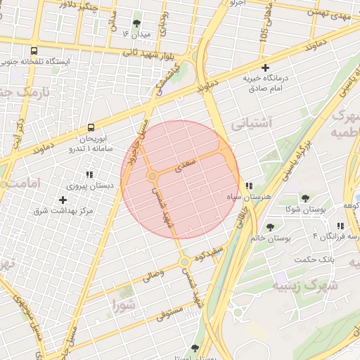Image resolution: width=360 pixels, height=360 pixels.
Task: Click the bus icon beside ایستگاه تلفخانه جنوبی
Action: click(x=34, y=51)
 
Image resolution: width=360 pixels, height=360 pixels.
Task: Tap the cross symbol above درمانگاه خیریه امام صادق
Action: click(x=265, y=68)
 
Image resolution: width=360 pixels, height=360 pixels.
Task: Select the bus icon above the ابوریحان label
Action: click(x=91, y=127)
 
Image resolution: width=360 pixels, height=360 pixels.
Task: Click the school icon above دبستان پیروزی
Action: click(x=89, y=175)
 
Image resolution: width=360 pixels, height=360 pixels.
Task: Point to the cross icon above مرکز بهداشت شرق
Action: click(x=63, y=200)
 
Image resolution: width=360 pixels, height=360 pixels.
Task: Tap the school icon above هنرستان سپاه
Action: click(x=248, y=186)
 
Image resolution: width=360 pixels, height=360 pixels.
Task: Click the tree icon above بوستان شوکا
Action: click(x=305, y=198)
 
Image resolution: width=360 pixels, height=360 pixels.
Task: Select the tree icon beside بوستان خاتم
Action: click(x=271, y=226)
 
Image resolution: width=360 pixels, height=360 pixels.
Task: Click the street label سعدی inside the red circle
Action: click(x=186, y=165)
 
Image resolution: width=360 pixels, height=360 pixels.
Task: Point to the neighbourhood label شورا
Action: click(x=124, y=304)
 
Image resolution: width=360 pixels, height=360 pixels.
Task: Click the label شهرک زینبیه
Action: click(x=305, y=286)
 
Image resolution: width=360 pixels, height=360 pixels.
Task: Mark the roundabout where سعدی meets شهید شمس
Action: click(x=152, y=176)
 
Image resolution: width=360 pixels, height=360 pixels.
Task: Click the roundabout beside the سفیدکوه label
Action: click(x=184, y=262)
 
